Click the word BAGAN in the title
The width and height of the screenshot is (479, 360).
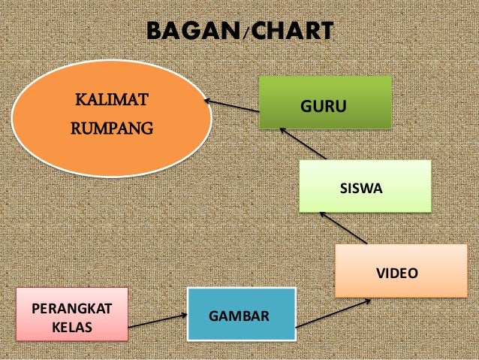pos(192,32)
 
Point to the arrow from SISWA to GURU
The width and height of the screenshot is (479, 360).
pos(303,143)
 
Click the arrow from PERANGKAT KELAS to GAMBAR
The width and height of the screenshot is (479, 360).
pos(158,322)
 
